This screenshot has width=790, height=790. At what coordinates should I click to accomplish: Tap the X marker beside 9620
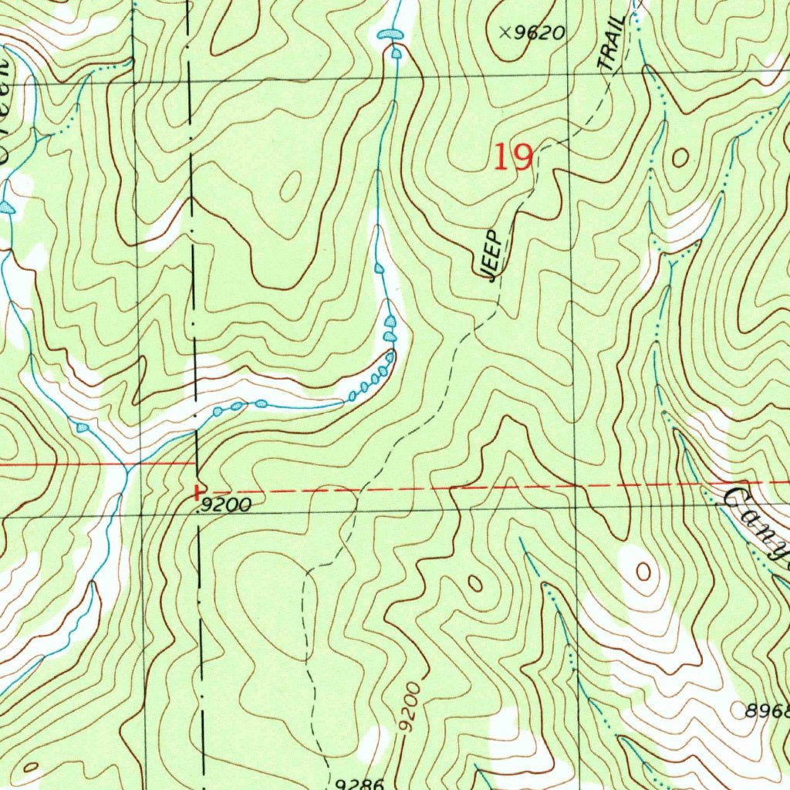tap(505, 32)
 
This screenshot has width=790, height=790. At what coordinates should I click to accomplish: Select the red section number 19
tap(513, 157)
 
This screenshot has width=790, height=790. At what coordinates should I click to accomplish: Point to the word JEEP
tap(492, 255)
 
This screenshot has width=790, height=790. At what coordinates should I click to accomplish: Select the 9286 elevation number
tap(360, 784)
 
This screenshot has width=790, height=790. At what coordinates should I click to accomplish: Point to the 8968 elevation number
tap(767, 711)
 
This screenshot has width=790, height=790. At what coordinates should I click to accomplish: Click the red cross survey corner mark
tap(199, 490)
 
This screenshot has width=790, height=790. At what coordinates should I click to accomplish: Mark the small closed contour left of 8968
tap(642, 572)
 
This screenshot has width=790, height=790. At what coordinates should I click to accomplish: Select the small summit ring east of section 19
tap(680, 158)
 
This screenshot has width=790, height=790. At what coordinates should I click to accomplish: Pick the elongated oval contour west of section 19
tap(292, 186)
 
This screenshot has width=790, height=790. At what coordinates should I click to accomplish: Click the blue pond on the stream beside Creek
tap(8, 208)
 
